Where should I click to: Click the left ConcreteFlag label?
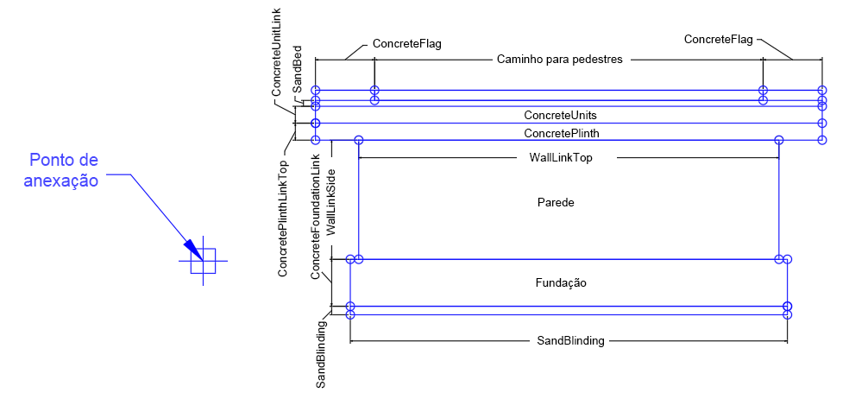(x=406, y=43)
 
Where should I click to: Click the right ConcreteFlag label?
(x=718, y=39)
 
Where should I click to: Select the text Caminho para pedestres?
(x=560, y=60)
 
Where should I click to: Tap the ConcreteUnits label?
(x=560, y=115)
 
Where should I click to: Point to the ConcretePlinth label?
(x=561, y=133)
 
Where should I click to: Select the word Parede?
(x=556, y=202)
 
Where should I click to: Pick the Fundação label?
(x=561, y=282)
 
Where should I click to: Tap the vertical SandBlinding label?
(x=321, y=354)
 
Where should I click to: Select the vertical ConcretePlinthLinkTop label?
(x=283, y=218)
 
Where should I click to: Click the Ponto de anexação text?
(x=64, y=170)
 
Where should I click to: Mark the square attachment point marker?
(x=203, y=261)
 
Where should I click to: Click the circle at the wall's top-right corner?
(x=779, y=140)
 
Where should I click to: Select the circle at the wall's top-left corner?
(x=359, y=140)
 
